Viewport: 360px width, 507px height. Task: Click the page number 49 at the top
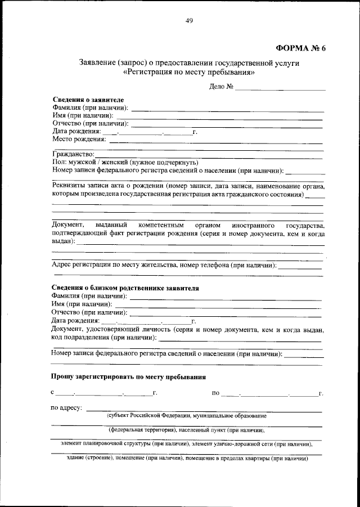pos(189,21)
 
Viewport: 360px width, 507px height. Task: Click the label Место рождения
pos(79,139)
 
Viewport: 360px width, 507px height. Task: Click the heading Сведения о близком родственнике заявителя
pos(125,288)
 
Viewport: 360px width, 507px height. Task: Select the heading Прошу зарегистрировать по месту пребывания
pos(129,376)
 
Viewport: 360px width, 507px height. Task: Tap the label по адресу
pos(66,407)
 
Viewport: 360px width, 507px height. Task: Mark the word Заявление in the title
pos(98,63)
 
